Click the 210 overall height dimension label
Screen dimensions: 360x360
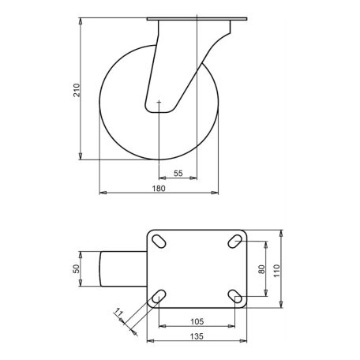click(x=77, y=90)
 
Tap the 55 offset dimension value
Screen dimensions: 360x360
click(x=178, y=174)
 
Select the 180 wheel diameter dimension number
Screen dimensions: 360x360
click(x=159, y=189)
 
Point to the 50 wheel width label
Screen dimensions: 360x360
click(x=77, y=268)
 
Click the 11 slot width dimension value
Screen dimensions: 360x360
click(x=118, y=313)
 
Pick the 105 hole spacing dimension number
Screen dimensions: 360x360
click(x=197, y=321)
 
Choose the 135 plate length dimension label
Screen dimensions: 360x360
click(x=197, y=336)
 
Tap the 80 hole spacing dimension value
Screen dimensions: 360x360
click(x=262, y=269)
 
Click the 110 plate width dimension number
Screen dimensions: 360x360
click(x=277, y=271)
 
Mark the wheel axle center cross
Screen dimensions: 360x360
click(x=159, y=102)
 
